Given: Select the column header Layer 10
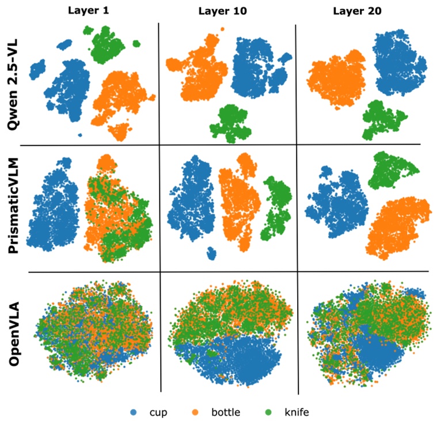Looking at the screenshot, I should click(x=221, y=11).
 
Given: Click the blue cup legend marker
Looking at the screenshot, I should click(x=134, y=412).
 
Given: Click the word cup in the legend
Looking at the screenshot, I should click(x=158, y=412).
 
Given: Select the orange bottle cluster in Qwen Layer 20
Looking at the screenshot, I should click(x=335, y=79).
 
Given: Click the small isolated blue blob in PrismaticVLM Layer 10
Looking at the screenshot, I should click(x=212, y=253).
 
